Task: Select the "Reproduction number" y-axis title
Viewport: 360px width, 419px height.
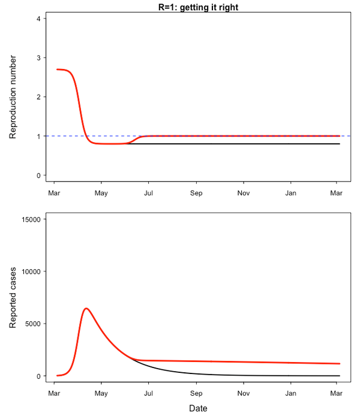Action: click(x=13, y=97)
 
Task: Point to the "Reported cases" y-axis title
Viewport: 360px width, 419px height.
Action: click(x=13, y=297)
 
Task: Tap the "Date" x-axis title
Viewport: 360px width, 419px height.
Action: click(x=198, y=408)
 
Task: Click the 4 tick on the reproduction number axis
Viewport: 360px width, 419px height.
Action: click(x=38, y=19)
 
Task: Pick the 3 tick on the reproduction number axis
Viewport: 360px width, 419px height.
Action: click(x=38, y=58)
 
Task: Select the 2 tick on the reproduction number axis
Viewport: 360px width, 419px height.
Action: click(x=38, y=97)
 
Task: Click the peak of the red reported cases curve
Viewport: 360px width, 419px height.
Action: click(x=86, y=308)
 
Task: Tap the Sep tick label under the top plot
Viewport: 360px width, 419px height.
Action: click(x=197, y=193)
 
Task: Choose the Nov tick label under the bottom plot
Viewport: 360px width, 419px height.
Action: click(x=244, y=394)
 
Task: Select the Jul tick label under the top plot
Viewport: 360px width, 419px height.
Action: click(x=148, y=193)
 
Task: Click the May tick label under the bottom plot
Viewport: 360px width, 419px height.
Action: click(x=101, y=394)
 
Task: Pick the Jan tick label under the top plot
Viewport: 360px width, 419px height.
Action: click(x=290, y=193)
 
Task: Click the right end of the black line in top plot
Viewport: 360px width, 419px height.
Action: click(x=340, y=144)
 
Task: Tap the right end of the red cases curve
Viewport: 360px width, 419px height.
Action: click(x=340, y=363)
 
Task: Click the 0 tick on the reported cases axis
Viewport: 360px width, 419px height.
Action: click(x=38, y=376)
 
